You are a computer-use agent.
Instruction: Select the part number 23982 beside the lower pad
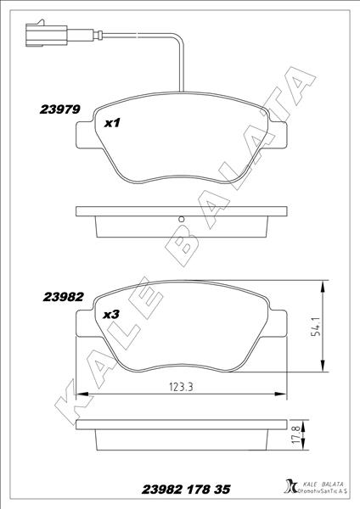point(62,297)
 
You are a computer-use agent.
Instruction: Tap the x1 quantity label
point(111,123)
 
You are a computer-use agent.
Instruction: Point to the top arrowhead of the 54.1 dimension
point(323,286)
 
